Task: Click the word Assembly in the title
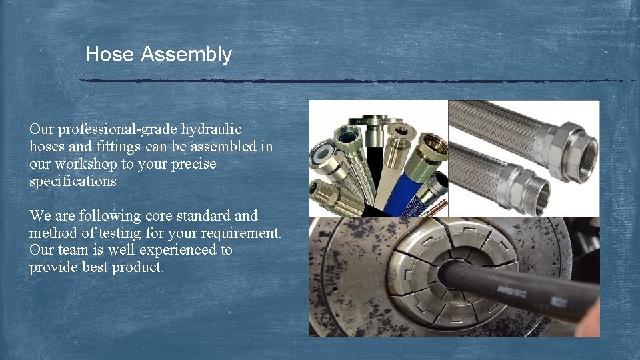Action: click(186, 55)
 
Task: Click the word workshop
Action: click(87, 164)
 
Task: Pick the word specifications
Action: click(73, 181)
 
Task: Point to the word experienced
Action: click(166, 251)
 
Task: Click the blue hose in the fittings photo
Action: click(405, 193)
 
